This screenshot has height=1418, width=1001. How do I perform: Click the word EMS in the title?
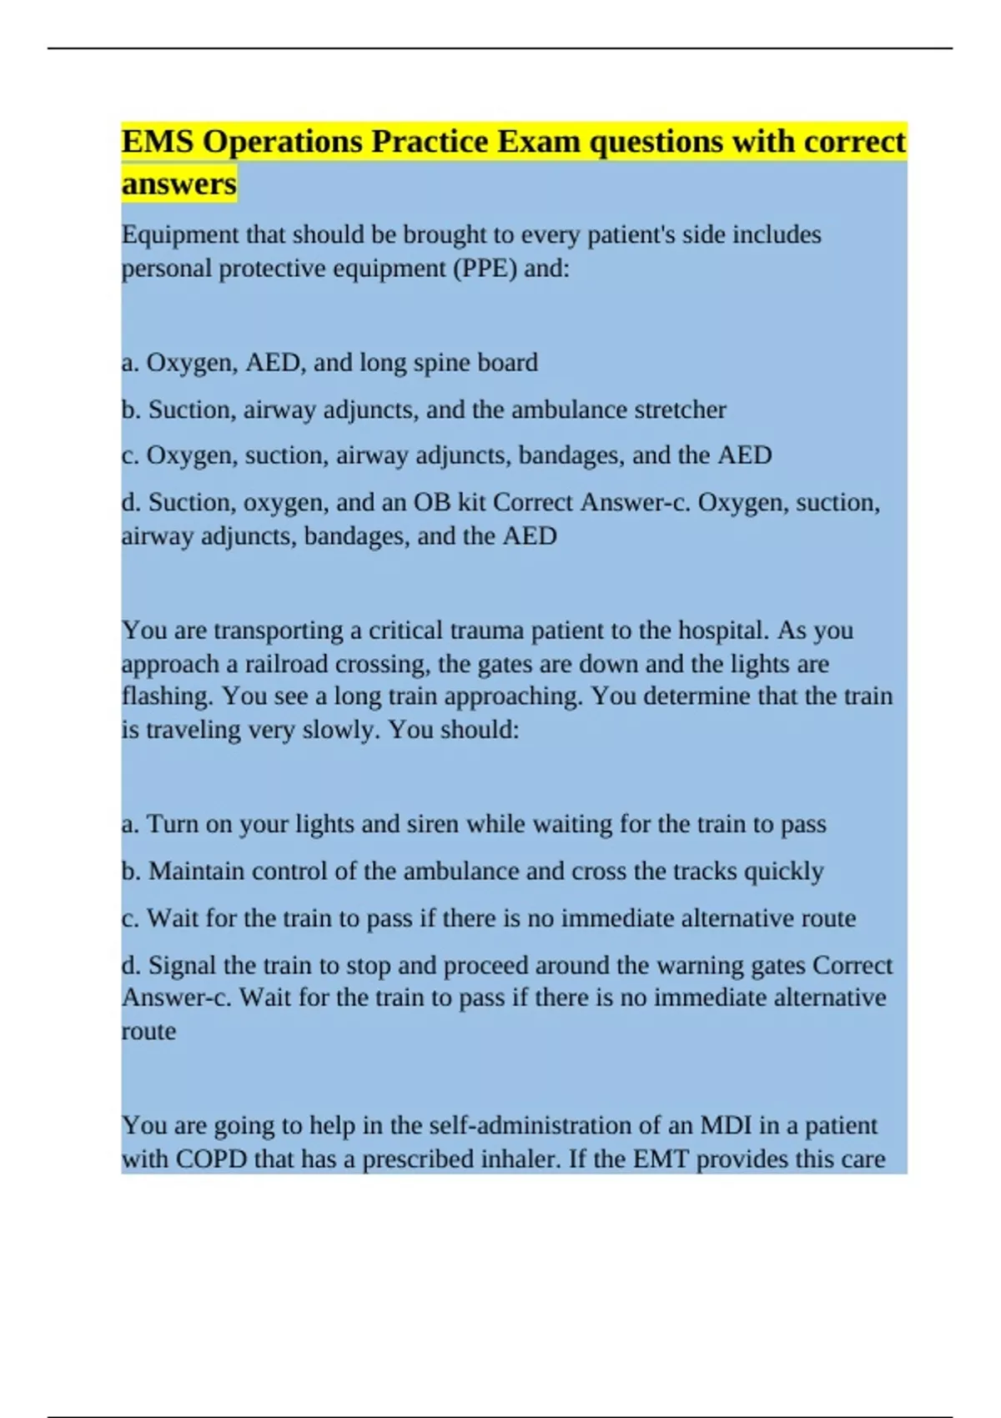(x=158, y=142)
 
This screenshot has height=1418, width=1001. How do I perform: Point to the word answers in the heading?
(x=179, y=184)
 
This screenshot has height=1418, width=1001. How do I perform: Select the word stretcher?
(x=680, y=410)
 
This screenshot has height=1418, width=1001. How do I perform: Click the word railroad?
(x=286, y=664)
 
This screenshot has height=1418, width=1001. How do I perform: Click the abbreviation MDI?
(x=726, y=1126)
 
